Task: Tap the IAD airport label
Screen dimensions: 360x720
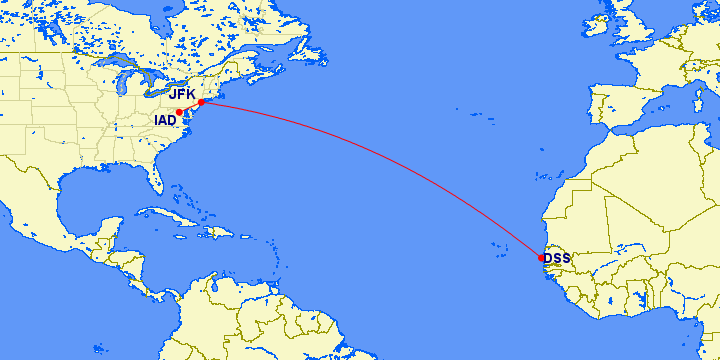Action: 165,120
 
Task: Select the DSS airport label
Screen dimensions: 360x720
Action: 557,258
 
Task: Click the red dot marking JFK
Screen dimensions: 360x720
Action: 202,102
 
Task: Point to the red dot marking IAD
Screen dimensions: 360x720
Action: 179,112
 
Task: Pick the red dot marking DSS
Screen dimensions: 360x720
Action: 541,258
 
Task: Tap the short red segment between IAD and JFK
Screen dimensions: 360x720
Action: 190,107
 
